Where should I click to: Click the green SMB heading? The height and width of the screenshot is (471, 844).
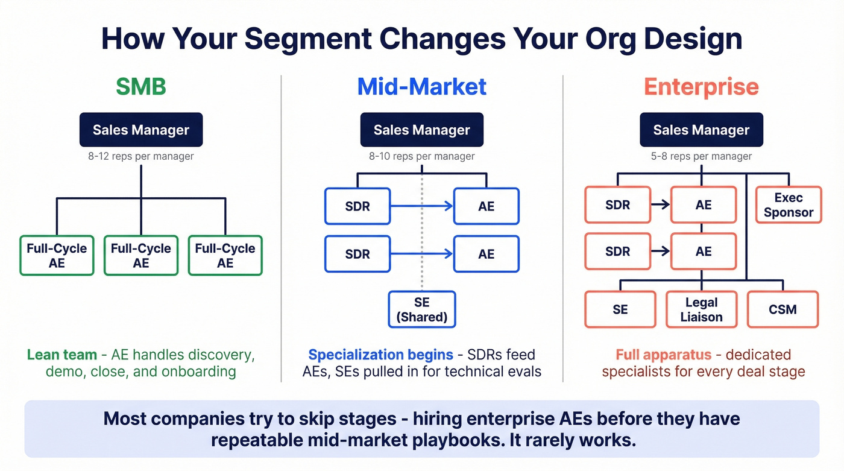pos(140,87)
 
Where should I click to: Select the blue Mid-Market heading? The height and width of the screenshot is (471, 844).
pos(421,87)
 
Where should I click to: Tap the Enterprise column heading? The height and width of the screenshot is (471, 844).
pos(701,87)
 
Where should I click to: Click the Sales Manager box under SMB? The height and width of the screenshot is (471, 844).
pos(141,130)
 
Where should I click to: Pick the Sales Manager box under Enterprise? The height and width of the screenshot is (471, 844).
pos(701,130)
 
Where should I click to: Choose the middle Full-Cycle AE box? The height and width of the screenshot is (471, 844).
pos(141,256)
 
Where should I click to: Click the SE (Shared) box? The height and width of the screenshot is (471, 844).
pos(422,309)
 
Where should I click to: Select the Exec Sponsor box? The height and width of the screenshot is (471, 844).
pos(789,205)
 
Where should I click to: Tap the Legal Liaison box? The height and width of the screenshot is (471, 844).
pos(701,309)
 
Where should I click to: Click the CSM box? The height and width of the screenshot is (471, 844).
pos(783,309)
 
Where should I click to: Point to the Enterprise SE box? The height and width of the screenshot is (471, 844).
pos(620,309)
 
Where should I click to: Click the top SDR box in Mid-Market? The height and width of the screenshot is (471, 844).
pos(357,206)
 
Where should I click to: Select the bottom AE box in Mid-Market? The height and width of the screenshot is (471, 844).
pos(486,254)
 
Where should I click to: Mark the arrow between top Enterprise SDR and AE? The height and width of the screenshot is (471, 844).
pos(661,205)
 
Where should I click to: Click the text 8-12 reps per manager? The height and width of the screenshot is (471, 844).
pos(141,156)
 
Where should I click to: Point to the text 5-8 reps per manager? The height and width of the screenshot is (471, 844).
pos(701,156)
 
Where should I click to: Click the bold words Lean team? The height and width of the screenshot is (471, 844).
pos(62,355)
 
